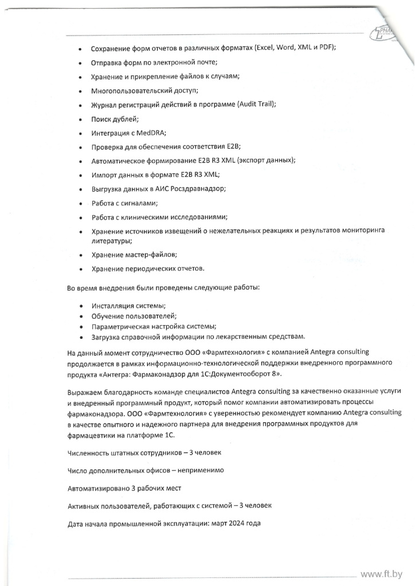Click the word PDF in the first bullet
tap(325, 49)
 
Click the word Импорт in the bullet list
tap(105, 175)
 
